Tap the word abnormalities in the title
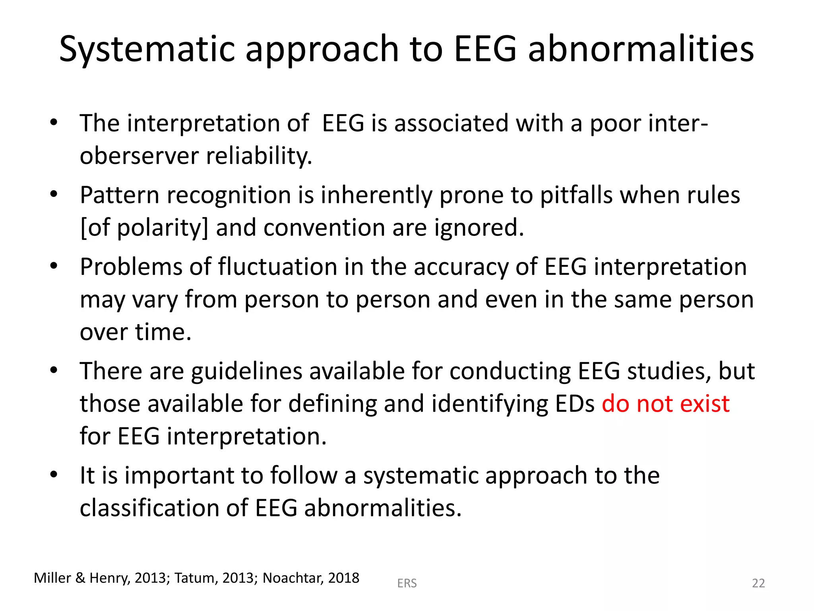coord(641,50)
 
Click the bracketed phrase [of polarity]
coord(144,228)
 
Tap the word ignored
coord(479,228)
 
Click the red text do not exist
coord(665,404)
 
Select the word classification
coord(149,508)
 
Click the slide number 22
coord(758,583)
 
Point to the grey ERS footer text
coord(407,583)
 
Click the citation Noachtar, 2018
coord(311,578)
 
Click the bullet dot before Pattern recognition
coord(54,195)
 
